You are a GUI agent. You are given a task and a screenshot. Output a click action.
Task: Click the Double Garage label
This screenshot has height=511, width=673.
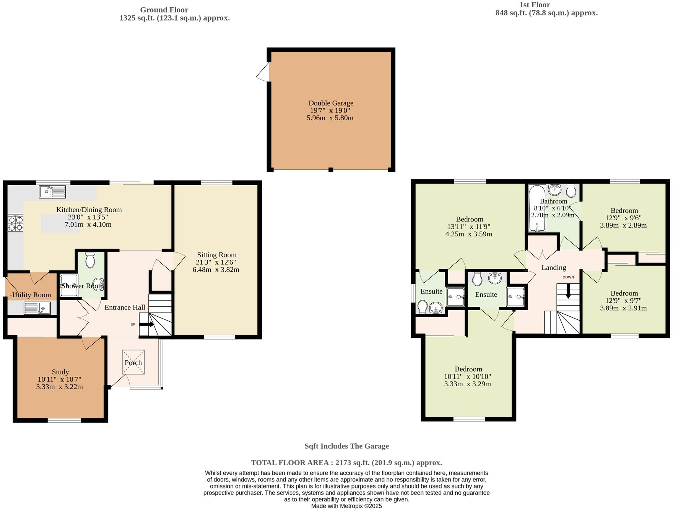click(331, 103)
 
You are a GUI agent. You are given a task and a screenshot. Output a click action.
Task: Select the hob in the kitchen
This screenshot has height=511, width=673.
click(15, 223)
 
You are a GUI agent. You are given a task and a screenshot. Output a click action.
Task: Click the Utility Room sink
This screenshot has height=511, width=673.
click(37, 308)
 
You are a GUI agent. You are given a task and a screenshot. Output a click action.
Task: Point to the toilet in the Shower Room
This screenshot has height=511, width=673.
click(90, 260)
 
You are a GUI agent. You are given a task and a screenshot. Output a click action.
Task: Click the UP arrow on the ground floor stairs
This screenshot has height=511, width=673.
click(146, 324)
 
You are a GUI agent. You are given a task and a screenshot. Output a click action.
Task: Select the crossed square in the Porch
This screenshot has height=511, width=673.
click(133, 362)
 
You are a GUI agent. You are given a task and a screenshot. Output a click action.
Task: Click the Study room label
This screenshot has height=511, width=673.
click(60, 372)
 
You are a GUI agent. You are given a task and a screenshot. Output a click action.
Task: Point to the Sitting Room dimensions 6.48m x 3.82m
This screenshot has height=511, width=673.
click(216, 270)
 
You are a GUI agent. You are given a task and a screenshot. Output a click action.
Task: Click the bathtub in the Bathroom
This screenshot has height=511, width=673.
click(536, 209)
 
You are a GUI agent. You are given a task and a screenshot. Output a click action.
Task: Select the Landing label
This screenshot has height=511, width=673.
click(554, 267)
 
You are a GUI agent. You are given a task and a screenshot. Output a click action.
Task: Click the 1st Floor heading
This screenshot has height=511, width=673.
click(535, 5)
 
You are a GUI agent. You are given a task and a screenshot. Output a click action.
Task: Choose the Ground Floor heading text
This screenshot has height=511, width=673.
click(164, 10)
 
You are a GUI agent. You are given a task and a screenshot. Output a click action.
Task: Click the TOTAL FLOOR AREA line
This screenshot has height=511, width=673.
click(346, 462)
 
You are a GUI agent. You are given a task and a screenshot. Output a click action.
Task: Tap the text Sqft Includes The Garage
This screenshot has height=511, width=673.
click(346, 446)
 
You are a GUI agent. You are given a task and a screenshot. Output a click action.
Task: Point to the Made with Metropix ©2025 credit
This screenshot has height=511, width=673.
click(346, 506)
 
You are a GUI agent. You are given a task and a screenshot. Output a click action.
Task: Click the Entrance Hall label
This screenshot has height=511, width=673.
click(125, 307)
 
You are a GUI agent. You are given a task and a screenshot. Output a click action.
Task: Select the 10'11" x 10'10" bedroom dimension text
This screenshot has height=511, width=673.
click(468, 376)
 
